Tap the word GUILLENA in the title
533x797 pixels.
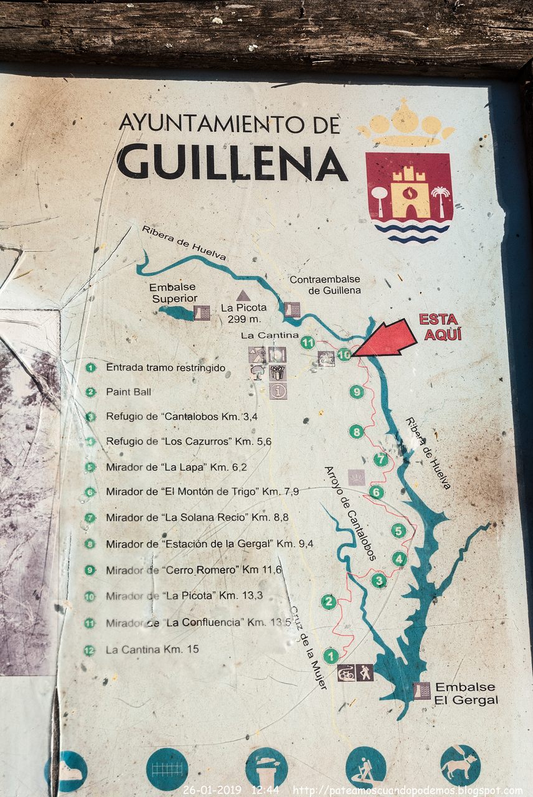coord(232,161)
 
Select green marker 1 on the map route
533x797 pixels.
coord(331,655)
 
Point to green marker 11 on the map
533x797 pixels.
coord(308,342)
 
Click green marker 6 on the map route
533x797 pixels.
coord(376,492)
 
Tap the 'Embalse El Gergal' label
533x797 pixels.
coord(466,693)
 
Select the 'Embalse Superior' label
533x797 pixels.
coord(172,293)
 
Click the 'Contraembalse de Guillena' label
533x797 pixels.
coord(325,285)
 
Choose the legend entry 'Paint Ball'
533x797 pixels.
coord(128,392)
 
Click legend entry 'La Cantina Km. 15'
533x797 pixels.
coord(152,649)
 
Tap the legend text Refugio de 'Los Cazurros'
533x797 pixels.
coord(188,441)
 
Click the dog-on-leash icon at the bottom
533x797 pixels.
coord(460,765)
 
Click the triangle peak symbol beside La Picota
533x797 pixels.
coord(243,296)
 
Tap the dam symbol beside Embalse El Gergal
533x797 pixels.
coord(422,691)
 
